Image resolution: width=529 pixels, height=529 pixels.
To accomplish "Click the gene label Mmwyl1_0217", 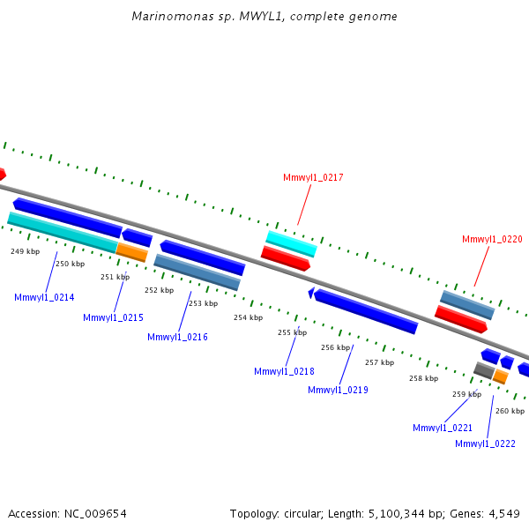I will [313, 178].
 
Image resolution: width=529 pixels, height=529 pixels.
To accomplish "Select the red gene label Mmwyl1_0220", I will [492, 239].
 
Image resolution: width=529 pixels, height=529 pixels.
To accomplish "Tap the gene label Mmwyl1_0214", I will [44, 298].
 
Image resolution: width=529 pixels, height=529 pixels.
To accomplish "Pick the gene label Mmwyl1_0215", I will [113, 317].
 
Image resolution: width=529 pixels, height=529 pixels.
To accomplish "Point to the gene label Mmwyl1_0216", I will [177, 337].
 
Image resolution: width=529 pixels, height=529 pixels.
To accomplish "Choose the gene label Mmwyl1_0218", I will [284, 371].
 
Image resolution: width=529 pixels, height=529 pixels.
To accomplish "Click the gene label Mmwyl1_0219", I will [338, 390].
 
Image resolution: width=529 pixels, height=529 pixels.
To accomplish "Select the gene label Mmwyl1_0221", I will [443, 428].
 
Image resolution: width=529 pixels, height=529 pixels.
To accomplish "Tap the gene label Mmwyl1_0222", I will [485, 443].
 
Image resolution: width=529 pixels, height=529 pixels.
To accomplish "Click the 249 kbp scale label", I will [25, 251].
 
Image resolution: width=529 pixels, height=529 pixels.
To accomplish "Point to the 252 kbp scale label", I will [159, 290].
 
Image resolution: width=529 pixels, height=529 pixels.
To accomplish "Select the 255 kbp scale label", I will [292, 332].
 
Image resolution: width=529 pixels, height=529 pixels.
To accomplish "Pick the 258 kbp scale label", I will [423, 378].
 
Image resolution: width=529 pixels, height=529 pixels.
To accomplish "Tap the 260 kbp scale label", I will [510, 411].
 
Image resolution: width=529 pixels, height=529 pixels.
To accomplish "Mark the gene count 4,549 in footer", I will [503, 513].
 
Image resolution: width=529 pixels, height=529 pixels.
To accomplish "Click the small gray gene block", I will [484, 370].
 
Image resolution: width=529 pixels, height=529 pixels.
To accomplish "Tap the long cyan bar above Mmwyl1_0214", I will [62, 231].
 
